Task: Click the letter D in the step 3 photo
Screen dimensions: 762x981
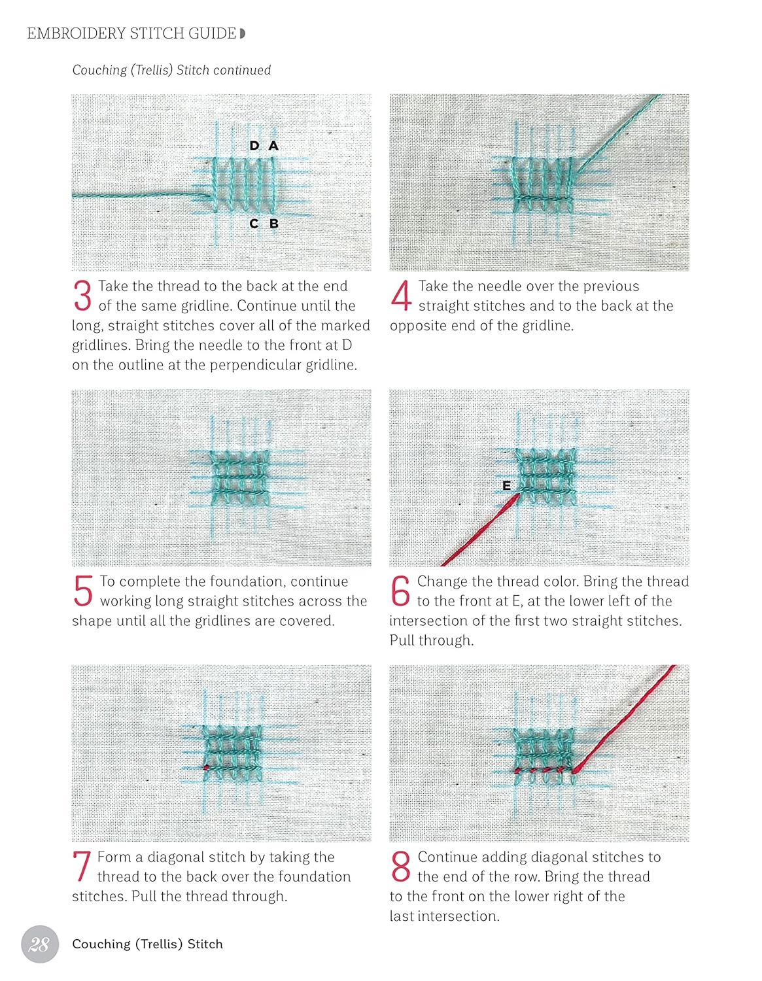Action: click(254, 145)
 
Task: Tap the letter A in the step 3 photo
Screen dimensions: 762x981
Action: click(273, 145)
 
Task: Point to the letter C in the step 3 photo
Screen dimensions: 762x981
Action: click(254, 224)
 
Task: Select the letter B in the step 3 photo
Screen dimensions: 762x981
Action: click(273, 224)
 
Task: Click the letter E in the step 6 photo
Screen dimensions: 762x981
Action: click(506, 486)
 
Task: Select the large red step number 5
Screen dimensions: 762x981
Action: click(83, 591)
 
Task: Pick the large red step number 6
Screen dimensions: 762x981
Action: click(400, 591)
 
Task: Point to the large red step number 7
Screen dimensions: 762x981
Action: click(82, 867)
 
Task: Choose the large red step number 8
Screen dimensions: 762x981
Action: click(401, 867)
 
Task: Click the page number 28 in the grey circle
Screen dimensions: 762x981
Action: click(40, 944)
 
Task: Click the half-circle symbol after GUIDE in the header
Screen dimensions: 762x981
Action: click(243, 33)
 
